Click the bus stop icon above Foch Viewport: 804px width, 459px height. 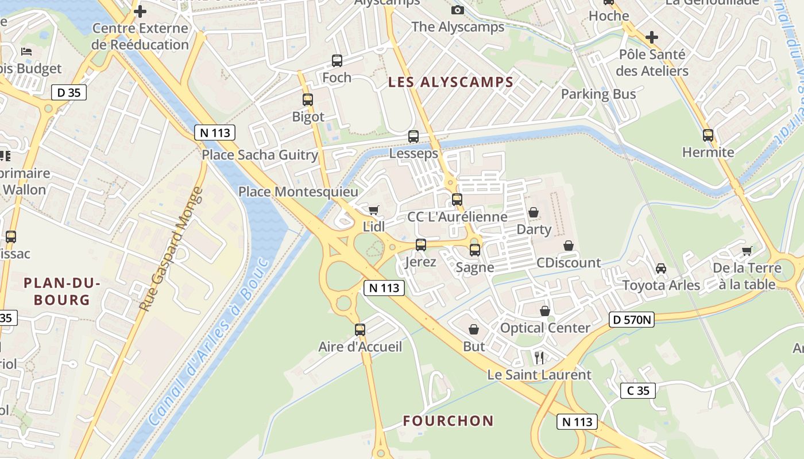click(x=337, y=60)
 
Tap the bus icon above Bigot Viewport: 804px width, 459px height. click(x=308, y=100)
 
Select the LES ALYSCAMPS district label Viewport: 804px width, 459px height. click(x=450, y=82)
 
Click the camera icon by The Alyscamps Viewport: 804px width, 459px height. click(x=458, y=10)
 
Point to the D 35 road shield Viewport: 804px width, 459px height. click(x=69, y=92)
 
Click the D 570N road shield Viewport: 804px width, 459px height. click(x=632, y=320)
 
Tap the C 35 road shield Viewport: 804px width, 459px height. click(x=638, y=391)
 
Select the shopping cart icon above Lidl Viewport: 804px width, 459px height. click(x=374, y=210)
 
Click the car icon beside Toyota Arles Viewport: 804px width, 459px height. click(x=661, y=268)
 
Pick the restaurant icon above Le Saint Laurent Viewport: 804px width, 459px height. click(x=539, y=358)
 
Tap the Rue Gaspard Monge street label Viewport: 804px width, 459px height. click(x=172, y=250)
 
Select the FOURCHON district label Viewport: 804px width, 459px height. click(x=448, y=421)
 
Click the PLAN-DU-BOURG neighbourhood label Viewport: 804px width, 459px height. click(x=61, y=291)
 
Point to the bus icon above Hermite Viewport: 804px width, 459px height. click(x=708, y=135)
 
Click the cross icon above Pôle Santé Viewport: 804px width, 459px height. click(x=651, y=38)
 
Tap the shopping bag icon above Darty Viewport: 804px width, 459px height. click(x=534, y=213)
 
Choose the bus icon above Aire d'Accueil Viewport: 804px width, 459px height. click(x=360, y=330)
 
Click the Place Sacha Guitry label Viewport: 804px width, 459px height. click(x=260, y=155)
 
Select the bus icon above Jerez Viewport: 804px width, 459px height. click(x=421, y=245)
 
